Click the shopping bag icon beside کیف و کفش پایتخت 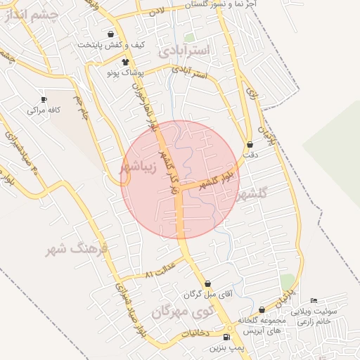coord(111,34)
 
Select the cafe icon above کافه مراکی coord(44,100)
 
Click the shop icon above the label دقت coord(250,145)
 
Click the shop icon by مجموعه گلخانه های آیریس coord(262,309)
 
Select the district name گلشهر coord(254,194)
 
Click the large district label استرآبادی coord(184,51)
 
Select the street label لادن coord(157,11)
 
